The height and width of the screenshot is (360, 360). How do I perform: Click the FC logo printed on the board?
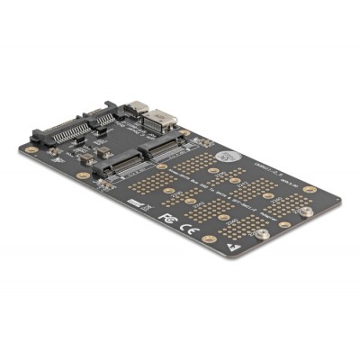coord(166,217)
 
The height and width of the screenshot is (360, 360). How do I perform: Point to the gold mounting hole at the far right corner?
coord(310,190)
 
